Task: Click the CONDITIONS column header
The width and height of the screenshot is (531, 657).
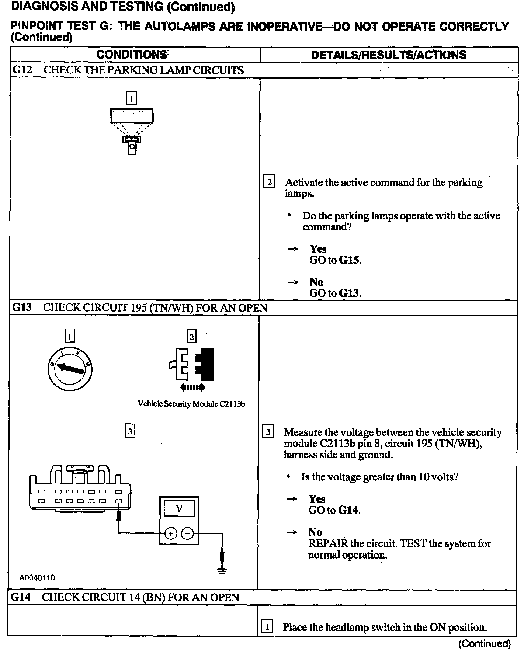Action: tap(132, 55)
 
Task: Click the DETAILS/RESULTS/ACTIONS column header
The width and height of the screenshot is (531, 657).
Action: tap(389, 55)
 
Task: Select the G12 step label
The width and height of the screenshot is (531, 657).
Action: tap(22, 70)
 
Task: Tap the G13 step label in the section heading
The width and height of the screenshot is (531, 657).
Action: tap(22, 307)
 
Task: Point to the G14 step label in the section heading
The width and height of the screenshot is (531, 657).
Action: tap(21, 597)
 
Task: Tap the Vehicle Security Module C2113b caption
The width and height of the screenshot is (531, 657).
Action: tap(191, 404)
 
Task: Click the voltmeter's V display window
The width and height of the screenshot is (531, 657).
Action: tap(179, 509)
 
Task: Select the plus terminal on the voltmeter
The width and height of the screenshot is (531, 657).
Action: tap(171, 533)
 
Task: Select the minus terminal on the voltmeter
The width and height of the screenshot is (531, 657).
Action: tap(188, 533)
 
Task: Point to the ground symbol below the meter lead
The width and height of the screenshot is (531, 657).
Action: tap(222, 571)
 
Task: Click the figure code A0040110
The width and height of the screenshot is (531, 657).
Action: tap(37, 577)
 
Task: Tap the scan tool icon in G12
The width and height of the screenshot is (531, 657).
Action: tap(132, 131)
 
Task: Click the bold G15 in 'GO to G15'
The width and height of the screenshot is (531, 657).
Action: tap(349, 260)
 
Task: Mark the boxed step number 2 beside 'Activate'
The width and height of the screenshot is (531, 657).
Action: tap(270, 182)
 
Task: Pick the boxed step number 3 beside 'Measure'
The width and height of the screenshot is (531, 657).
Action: tap(268, 432)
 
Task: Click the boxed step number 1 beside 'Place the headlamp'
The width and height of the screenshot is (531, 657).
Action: tap(267, 627)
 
